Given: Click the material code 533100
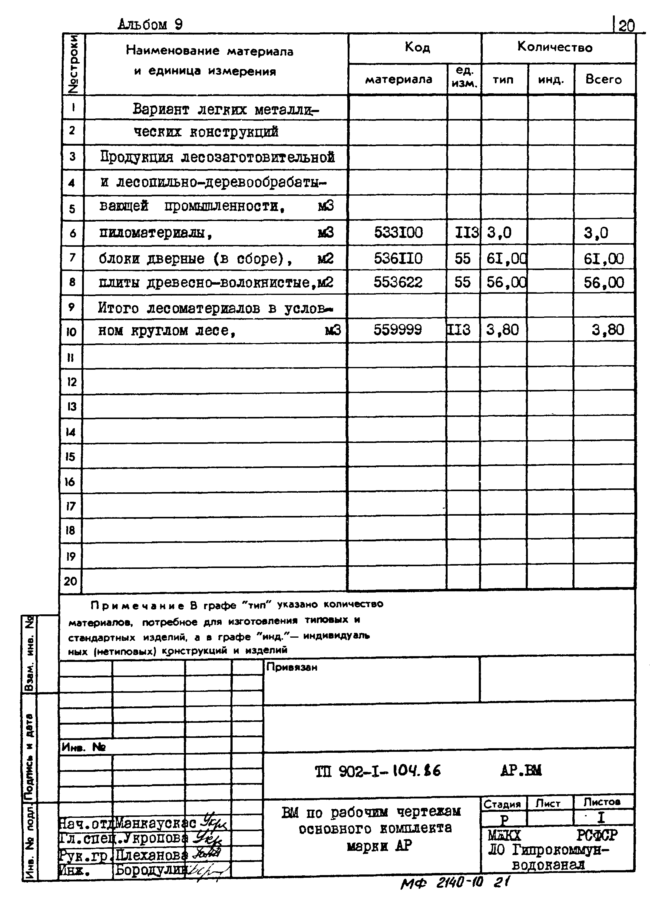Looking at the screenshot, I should (398, 233).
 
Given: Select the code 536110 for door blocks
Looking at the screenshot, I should (398, 258).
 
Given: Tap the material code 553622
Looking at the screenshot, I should (398, 282).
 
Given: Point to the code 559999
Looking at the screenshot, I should (398, 330).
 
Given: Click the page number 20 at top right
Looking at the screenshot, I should (626, 26).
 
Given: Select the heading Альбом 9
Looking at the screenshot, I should (150, 25).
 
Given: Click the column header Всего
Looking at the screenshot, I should (603, 79).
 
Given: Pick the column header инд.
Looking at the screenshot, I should (551, 80).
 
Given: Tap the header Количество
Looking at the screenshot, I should (554, 48).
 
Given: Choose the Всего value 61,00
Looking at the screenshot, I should (604, 258).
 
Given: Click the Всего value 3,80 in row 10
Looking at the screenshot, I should (607, 330).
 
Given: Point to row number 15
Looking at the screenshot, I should (70, 457).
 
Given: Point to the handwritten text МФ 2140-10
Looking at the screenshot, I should (442, 883).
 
